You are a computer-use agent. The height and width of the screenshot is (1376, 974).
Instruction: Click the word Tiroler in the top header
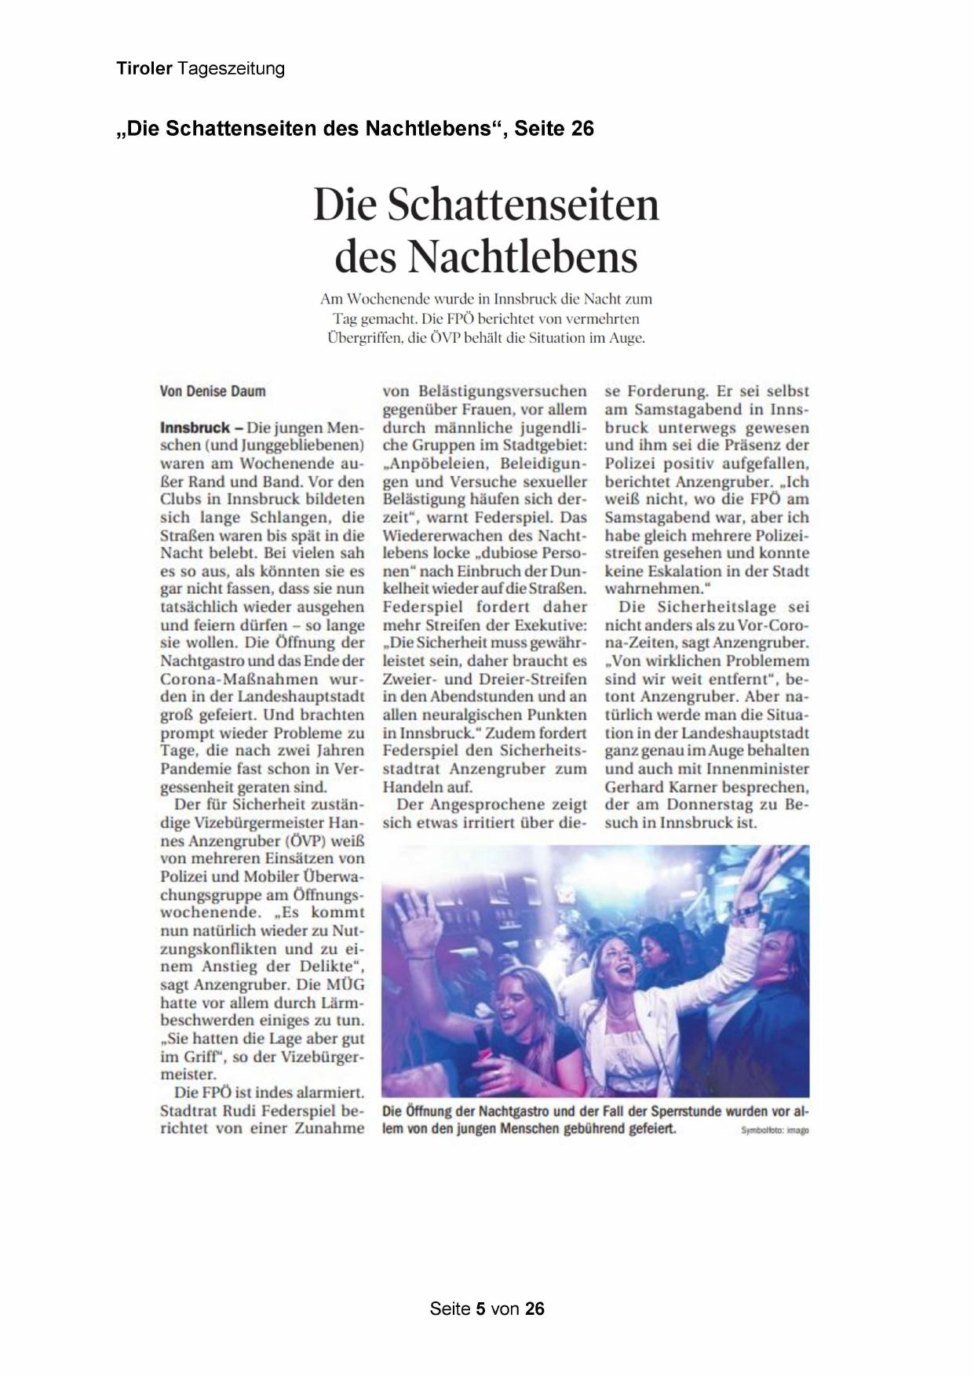[144, 68]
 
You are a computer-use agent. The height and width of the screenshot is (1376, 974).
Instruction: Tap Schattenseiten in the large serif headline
[523, 205]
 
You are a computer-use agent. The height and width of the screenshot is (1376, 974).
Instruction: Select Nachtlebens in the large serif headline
[523, 256]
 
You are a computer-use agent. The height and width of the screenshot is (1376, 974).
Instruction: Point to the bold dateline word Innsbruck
[195, 428]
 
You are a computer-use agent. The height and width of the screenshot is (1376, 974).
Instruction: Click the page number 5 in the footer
[481, 1309]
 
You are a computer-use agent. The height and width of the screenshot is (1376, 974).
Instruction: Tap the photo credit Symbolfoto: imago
[774, 1130]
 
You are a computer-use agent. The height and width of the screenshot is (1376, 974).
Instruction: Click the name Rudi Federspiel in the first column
[279, 1111]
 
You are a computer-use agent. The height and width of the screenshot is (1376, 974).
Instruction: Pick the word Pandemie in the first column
[192, 769]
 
